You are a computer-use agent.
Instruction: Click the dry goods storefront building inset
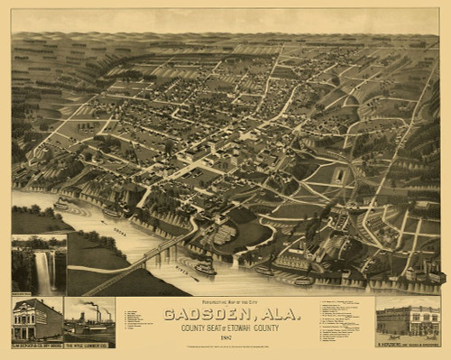coord(37,319)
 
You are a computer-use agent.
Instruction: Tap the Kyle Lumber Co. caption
coord(89,345)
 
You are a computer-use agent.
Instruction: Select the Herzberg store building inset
coord(407,319)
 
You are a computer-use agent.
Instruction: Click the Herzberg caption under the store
coord(407,344)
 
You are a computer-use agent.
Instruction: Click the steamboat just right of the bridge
coord(205,268)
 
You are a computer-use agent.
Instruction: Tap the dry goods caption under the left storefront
coord(37,345)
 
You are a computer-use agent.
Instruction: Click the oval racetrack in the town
coord(337,177)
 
